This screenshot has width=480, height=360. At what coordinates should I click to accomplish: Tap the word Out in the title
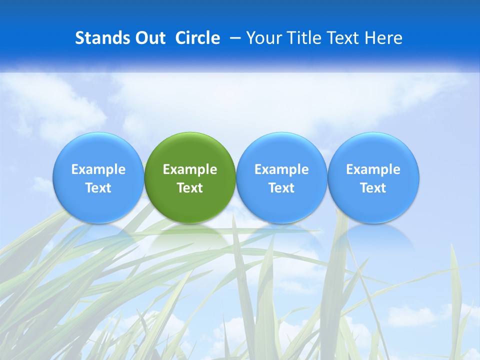point(149,38)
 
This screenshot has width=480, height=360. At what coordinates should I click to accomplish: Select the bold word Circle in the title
point(197,38)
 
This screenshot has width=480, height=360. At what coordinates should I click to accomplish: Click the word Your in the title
point(262,38)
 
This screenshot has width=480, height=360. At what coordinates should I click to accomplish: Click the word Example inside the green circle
point(190,169)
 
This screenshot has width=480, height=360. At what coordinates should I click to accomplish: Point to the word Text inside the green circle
point(190,188)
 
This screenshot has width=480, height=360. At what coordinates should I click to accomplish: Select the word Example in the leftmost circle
point(98,169)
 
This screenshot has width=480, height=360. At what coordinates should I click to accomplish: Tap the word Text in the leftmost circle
point(98,188)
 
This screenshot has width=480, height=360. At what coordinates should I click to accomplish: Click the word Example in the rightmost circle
point(373,169)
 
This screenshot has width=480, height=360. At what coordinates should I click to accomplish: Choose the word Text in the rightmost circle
point(373,188)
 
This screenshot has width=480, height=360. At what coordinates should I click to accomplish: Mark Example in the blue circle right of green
point(281,169)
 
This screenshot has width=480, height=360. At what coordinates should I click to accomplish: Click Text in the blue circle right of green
point(281,188)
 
